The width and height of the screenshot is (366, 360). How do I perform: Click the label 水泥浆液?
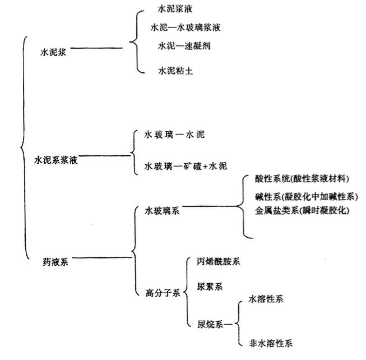pyautogui.click(x=175, y=9)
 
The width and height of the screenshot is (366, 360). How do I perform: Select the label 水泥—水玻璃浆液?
pyautogui.click(x=186, y=27)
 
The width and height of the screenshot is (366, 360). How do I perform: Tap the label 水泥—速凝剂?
pyautogui.click(x=184, y=46)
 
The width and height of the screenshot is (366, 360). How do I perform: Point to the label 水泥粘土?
pyautogui.click(x=175, y=71)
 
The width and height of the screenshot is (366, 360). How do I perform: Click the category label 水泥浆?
pyautogui.click(x=53, y=52)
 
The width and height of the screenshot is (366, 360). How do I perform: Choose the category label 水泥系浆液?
pyautogui.click(x=56, y=160)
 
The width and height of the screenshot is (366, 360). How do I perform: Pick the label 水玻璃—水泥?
pyautogui.click(x=174, y=135)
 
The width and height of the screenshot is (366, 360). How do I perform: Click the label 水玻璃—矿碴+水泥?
pyautogui.click(x=186, y=166)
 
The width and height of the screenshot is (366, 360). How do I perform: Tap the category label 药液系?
pyautogui.click(x=55, y=262)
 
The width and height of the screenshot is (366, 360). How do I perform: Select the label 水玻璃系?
pyautogui.click(x=162, y=211)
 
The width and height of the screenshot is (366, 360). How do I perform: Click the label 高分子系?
pyautogui.click(x=163, y=293)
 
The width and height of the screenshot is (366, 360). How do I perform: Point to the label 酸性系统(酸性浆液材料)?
pyautogui.click(x=302, y=179)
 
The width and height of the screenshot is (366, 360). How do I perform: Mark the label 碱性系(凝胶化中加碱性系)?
pyautogui.click(x=306, y=197)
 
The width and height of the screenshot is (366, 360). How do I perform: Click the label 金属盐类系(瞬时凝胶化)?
pyautogui.click(x=302, y=211)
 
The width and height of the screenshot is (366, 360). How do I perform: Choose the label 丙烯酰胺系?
pyautogui.click(x=218, y=261)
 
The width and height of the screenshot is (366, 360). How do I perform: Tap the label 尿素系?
pyautogui.click(x=210, y=287)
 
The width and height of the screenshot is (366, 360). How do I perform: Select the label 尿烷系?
pyautogui.click(x=210, y=324)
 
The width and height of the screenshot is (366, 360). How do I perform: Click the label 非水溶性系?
pyautogui.click(x=271, y=343)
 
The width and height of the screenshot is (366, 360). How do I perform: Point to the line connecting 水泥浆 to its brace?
pyautogui.click(x=96, y=48)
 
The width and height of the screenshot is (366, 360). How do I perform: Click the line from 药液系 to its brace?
pyautogui.click(x=102, y=258)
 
